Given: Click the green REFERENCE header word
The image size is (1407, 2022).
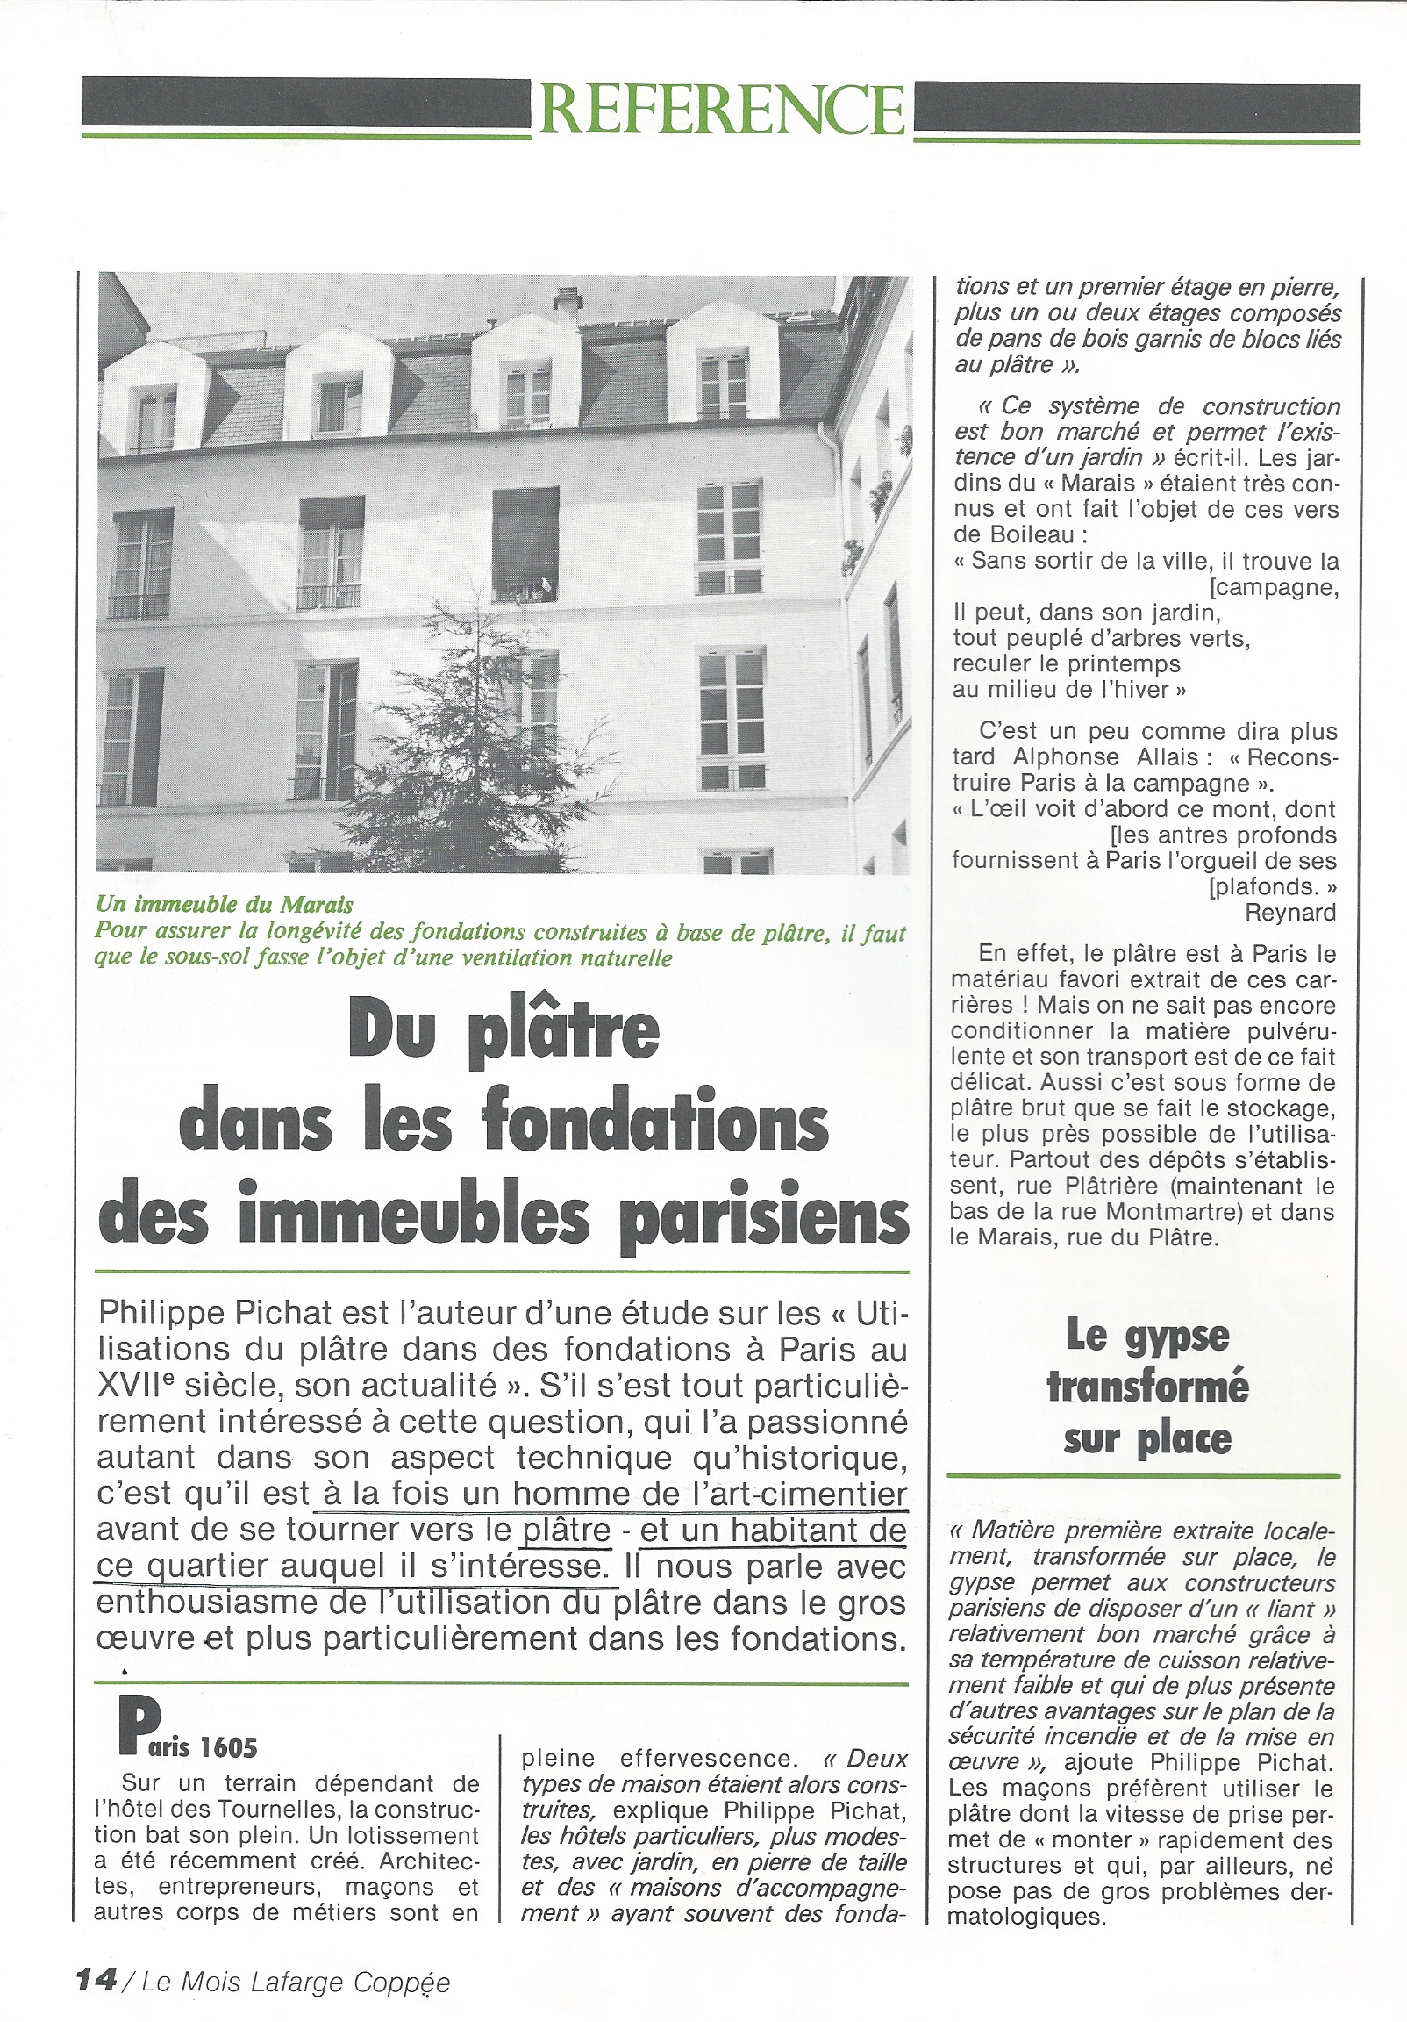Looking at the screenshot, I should click(722, 109).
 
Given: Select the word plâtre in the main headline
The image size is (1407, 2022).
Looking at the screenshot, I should click(564, 1034).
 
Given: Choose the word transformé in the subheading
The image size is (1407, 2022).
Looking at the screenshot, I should click(1147, 1388).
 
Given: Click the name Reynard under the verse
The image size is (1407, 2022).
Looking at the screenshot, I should click(1290, 913).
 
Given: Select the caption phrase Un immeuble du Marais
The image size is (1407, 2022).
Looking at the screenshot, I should click(225, 905).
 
